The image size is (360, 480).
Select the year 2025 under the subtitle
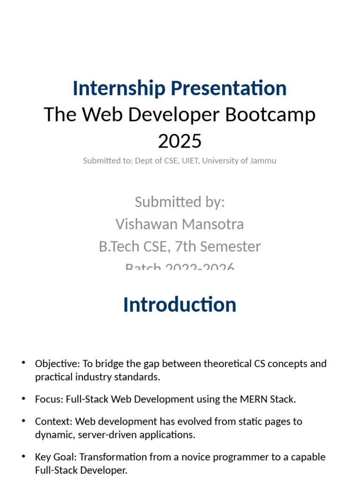coord(180,141)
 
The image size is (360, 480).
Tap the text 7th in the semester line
coord(172,246)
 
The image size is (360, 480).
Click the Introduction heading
coord(180,305)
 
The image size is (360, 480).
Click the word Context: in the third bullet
coord(53,421)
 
